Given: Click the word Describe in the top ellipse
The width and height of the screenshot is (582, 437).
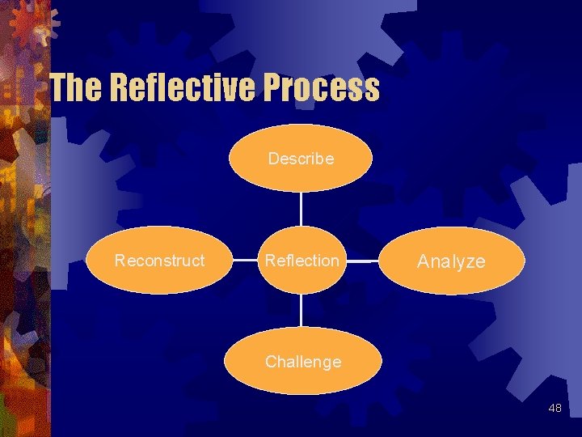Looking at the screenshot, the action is pyautogui.click(x=301, y=159).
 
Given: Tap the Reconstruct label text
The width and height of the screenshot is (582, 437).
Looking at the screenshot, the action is pyautogui.click(x=159, y=261).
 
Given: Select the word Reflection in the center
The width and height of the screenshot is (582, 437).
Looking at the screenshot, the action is pyautogui.click(x=302, y=261).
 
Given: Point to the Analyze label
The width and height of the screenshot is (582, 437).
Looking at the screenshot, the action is pyautogui.click(x=451, y=261).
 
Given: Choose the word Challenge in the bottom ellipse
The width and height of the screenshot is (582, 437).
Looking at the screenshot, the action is pyautogui.click(x=303, y=362).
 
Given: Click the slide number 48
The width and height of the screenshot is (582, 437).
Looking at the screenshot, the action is pyautogui.click(x=555, y=408).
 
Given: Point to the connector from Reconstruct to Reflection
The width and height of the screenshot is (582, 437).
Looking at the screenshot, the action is pyautogui.click(x=243, y=261).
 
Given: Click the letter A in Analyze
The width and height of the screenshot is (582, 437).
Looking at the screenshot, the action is pyautogui.click(x=423, y=261).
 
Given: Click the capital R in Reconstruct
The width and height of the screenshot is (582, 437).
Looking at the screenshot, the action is pyautogui.click(x=120, y=261).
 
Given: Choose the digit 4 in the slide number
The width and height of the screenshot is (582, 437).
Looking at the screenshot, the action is pyautogui.click(x=551, y=408).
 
